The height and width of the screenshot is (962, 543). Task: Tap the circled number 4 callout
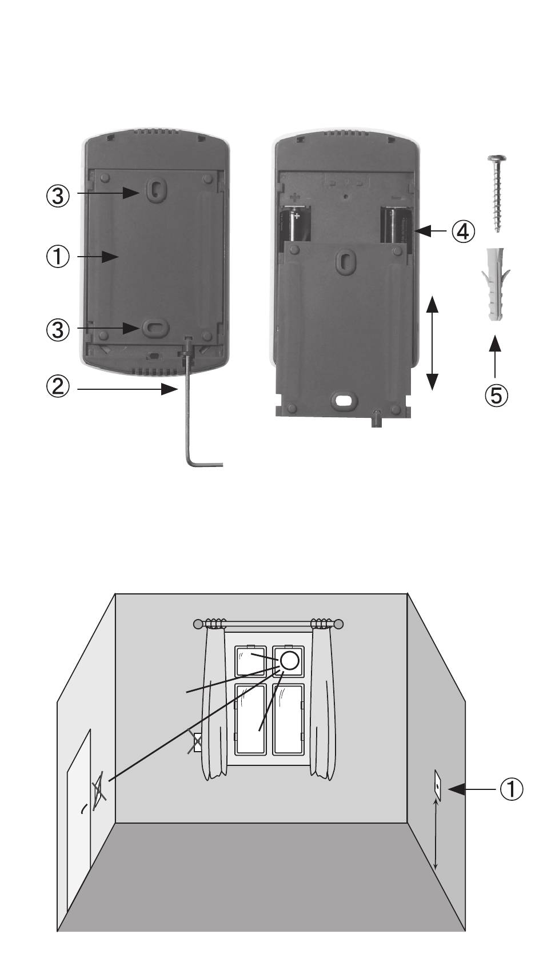[x=463, y=232]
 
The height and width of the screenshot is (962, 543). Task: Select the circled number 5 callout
[x=496, y=394]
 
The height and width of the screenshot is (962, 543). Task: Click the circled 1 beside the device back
[x=58, y=257]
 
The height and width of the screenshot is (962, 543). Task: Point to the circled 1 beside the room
[x=511, y=789]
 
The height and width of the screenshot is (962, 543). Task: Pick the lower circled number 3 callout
[x=58, y=330]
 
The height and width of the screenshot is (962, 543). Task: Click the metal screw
[x=497, y=193]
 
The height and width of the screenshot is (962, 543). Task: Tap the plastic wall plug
[x=496, y=284]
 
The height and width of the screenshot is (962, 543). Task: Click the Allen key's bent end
[x=201, y=464]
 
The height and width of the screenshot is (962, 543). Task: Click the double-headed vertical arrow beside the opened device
[x=432, y=342]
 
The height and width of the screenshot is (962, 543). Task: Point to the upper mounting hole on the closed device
[x=155, y=188]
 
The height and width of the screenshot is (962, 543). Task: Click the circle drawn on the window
[x=289, y=660]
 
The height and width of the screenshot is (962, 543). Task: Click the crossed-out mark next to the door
[x=99, y=790]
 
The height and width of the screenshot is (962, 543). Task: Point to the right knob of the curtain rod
[x=338, y=624]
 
